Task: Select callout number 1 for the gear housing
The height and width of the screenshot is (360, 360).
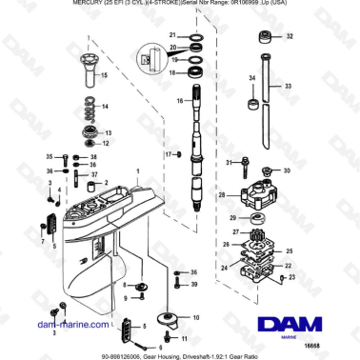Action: (x=136, y=172)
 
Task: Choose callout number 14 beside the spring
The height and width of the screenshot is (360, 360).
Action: (x=106, y=106)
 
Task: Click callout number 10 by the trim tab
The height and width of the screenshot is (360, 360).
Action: (x=198, y=317)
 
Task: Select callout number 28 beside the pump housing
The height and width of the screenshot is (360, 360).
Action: (x=221, y=195)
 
